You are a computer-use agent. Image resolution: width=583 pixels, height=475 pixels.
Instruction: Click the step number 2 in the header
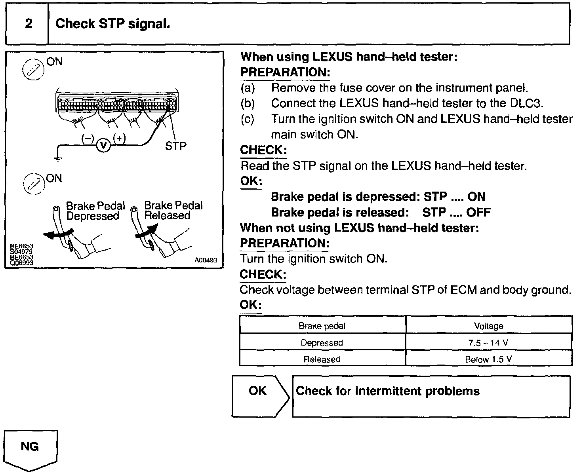click(29, 24)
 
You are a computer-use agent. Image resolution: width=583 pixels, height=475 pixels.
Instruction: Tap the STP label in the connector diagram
click(175, 146)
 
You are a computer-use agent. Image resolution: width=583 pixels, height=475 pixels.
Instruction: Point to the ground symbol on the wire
click(58, 159)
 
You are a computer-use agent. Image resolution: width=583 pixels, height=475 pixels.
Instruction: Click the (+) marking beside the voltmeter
click(119, 138)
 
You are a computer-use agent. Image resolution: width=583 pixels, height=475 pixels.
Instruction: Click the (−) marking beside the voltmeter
click(88, 138)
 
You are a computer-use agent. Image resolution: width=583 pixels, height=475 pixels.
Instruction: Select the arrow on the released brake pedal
click(146, 232)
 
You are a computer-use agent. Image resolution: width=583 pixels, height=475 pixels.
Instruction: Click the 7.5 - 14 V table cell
click(488, 343)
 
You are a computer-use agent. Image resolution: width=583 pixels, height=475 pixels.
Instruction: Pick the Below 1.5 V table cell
click(488, 359)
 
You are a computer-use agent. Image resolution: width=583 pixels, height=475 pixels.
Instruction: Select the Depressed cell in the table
click(322, 343)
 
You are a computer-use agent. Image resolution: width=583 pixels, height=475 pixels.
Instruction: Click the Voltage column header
click(488, 326)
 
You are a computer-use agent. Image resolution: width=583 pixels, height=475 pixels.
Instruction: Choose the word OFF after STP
click(478, 213)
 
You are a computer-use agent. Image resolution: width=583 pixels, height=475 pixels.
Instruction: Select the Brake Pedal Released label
click(173, 211)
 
